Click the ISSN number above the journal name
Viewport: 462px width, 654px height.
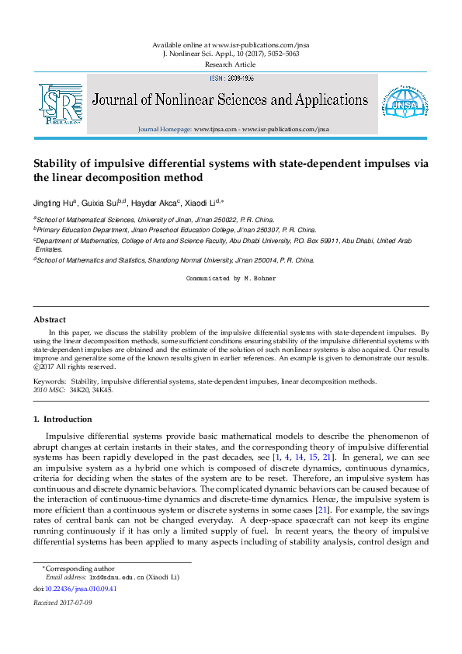click(231, 78)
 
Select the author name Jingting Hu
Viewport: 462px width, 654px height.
click(53, 203)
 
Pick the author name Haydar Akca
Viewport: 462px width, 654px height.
click(155, 203)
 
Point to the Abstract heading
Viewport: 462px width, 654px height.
click(50, 319)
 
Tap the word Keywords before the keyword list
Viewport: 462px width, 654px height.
click(50, 381)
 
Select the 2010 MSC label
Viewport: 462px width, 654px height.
click(48, 390)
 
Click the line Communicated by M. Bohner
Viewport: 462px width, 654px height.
click(231, 278)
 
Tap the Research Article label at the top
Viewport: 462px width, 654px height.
click(231, 64)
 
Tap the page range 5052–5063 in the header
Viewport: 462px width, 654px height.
click(282, 55)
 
